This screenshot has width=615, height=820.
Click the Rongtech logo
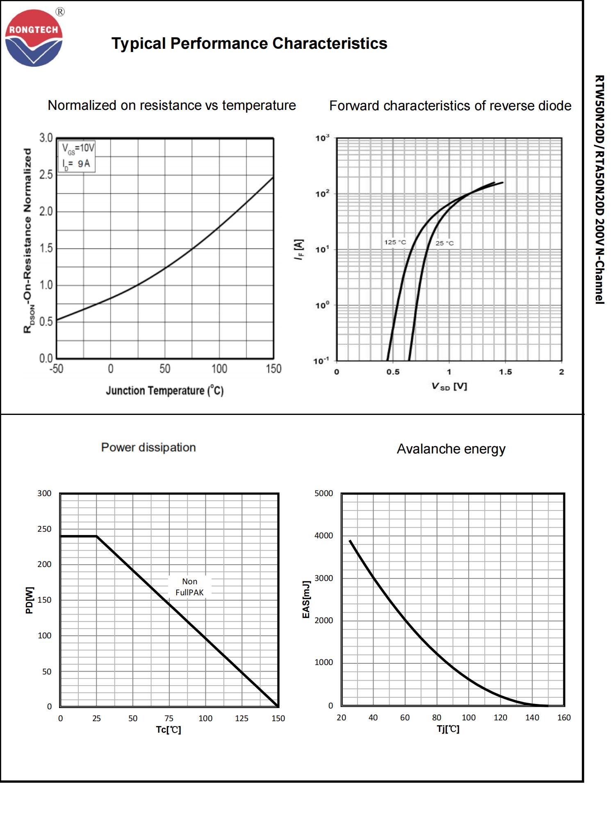[34, 38]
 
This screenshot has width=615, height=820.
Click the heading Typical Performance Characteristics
[249, 43]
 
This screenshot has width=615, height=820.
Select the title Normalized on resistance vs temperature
[171, 105]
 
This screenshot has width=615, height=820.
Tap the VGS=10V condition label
[78, 148]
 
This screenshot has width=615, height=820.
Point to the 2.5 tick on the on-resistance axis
[46, 175]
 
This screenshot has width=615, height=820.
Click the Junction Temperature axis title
[164, 390]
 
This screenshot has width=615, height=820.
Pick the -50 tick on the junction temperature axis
[57, 369]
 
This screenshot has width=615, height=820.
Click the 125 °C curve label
[395, 242]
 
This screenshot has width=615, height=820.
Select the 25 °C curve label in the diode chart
[444, 243]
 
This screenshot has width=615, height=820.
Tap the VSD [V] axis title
[449, 386]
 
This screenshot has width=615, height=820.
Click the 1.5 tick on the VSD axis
[505, 372]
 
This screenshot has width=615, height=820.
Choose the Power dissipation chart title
[148, 447]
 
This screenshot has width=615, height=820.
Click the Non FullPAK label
[189, 587]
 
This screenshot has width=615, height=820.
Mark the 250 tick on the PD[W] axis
[44, 529]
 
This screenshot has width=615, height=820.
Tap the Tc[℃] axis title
[169, 729]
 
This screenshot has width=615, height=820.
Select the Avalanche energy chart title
[451, 449]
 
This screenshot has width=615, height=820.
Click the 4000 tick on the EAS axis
[323, 535]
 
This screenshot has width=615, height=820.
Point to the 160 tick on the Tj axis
[564, 717]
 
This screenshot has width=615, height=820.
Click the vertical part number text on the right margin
[599, 189]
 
